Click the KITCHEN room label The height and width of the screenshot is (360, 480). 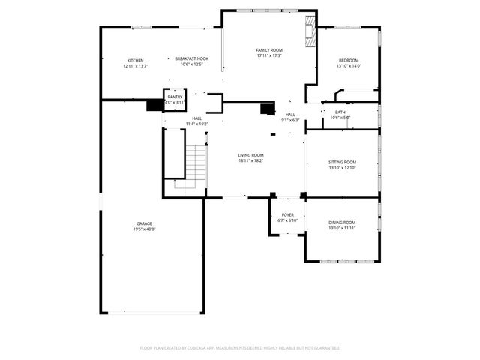pos(135,61)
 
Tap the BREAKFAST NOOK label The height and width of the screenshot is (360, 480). pos(192,58)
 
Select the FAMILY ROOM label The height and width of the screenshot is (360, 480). pos(268,49)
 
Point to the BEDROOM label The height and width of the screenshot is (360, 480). pos(349,61)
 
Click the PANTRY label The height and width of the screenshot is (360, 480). pos(175,97)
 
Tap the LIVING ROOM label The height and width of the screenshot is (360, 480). pos(251,154)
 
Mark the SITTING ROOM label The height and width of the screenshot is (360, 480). pos(342,162)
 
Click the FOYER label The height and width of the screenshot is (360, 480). pos(288,215)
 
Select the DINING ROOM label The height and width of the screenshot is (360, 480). pos(342,223)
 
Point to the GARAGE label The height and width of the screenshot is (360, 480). pos(145,223)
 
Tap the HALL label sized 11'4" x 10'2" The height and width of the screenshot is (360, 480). pos(196,118)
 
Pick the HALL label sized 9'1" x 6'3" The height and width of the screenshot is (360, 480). pos(290,115)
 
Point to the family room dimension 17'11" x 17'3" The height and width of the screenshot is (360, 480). pos(268,55)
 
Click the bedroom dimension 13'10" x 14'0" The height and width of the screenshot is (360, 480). pos(349,66)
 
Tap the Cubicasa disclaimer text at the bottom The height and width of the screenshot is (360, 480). pos(240,348)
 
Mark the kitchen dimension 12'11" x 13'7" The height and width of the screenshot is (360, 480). pos(135,66)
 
